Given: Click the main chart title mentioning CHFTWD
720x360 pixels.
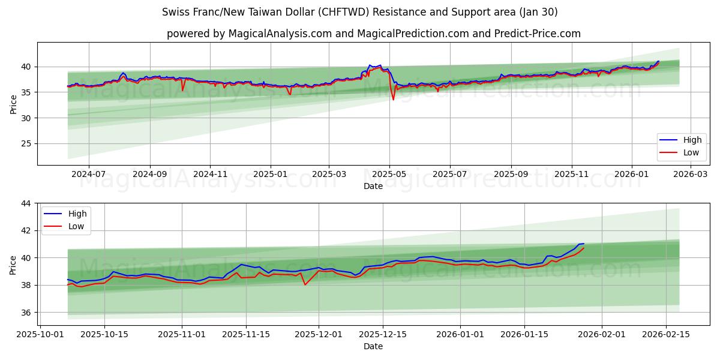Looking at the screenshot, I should (359, 12).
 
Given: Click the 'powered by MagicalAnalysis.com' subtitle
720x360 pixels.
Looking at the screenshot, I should (373, 34).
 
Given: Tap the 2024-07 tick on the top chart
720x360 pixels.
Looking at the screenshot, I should (89, 174).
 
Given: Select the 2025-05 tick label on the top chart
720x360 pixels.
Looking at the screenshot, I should (389, 174).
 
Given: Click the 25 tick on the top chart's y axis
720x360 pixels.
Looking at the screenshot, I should (26, 144).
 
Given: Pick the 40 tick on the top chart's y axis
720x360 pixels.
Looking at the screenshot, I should (26, 67).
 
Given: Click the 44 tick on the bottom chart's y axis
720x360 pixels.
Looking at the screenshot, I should (26, 203).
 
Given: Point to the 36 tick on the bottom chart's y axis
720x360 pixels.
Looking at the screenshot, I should (26, 313).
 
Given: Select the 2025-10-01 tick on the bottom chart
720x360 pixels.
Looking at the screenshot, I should (40, 334).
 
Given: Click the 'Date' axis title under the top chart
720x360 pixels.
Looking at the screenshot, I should (373, 186).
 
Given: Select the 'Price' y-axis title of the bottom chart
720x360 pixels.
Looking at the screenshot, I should (13, 265).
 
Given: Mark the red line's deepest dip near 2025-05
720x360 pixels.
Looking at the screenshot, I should (394, 100).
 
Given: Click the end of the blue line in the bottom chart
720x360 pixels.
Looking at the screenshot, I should (584, 244).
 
